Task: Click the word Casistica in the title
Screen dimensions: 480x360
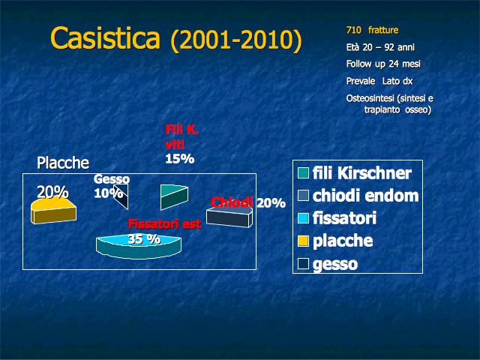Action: [105, 38]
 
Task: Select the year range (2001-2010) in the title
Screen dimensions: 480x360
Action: [236, 40]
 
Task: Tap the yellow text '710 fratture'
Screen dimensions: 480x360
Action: [372, 30]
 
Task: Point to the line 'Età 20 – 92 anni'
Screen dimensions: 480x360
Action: [380, 47]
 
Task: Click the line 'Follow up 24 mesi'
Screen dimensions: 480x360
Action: [383, 64]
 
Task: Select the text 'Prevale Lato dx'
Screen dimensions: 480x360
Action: [379, 81]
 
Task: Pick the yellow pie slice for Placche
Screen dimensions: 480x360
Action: [53, 211]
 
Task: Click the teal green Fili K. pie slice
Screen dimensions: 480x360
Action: [174, 197]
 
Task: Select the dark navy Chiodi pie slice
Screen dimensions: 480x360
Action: [229, 217]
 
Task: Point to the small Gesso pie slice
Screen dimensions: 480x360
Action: [121, 196]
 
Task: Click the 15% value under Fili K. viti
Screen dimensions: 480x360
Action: [180, 159]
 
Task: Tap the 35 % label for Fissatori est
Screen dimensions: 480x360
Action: [144, 238]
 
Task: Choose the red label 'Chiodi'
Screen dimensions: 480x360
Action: [232, 202]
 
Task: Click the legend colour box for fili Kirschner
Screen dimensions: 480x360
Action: [303, 173]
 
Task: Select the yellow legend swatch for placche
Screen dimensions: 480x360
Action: [303, 241]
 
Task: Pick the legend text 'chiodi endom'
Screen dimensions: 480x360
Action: [365, 196]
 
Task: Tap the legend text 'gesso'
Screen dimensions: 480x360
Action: [335, 264]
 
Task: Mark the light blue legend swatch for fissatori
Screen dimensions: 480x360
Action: [303, 218]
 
